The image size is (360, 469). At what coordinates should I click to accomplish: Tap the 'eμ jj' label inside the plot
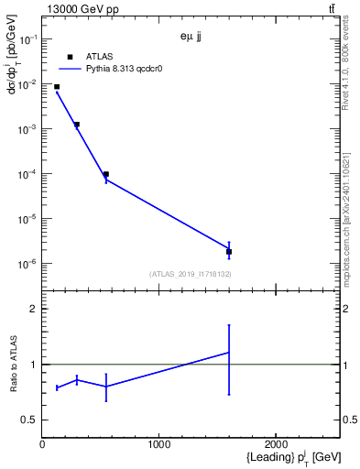pyautogui.click(x=190, y=38)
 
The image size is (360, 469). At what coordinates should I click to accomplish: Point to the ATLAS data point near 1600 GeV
pyautogui.click(x=228, y=251)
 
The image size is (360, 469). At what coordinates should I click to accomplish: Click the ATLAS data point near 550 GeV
pyautogui.click(x=106, y=174)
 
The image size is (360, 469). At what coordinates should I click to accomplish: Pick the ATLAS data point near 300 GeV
pyautogui.click(x=77, y=125)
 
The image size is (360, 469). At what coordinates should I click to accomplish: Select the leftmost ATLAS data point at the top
pyautogui.click(x=57, y=87)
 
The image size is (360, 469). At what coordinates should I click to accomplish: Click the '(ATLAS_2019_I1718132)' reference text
pyautogui.click(x=190, y=274)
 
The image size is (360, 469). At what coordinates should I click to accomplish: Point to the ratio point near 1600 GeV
pyautogui.click(x=228, y=353)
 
